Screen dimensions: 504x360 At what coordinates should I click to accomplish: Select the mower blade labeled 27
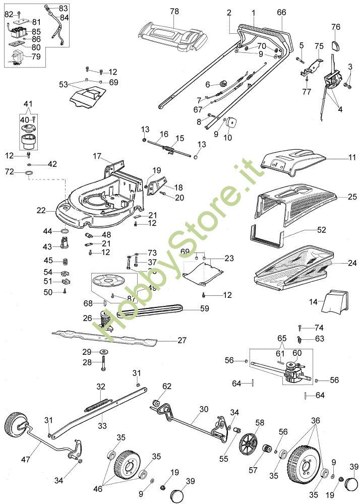(111, 336)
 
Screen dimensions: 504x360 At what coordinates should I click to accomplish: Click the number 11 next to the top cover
(351, 158)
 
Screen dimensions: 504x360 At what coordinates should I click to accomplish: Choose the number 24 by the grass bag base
(352, 263)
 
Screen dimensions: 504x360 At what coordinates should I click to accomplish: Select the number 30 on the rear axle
(203, 409)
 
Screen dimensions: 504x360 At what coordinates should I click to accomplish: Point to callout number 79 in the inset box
(36, 56)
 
